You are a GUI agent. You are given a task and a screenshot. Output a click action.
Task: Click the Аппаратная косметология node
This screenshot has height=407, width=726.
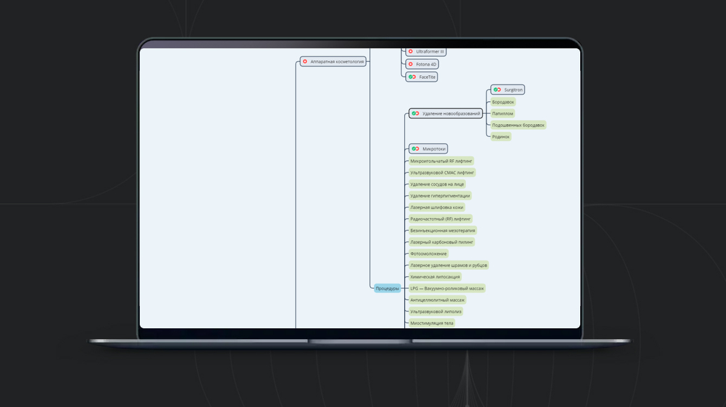pyautogui.click(x=333, y=61)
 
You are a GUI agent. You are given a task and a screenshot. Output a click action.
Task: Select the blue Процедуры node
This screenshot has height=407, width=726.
pyautogui.click(x=387, y=288)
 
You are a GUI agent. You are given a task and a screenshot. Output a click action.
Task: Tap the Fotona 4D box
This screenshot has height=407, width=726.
pyautogui.click(x=426, y=64)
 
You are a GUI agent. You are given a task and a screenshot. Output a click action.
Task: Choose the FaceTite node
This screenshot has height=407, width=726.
pyautogui.click(x=422, y=77)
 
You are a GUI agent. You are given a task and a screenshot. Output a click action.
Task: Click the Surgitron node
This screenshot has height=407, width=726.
pyautogui.click(x=508, y=90)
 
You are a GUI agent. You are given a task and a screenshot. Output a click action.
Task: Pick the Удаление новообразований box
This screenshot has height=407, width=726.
pyautogui.click(x=446, y=113)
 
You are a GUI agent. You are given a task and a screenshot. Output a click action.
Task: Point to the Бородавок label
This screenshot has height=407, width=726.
pyautogui.click(x=503, y=102)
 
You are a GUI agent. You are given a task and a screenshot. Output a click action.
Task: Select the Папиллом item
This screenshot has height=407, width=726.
pyautogui.click(x=503, y=113)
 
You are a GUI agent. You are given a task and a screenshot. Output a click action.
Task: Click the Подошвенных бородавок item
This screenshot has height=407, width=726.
pyautogui.click(x=518, y=125)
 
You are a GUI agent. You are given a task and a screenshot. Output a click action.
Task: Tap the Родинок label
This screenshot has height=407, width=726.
pyautogui.click(x=501, y=136)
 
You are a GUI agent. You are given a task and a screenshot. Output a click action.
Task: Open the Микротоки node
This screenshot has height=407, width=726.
pyautogui.click(x=428, y=148)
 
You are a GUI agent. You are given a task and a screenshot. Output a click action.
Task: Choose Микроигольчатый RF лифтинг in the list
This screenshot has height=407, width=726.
pyautogui.click(x=441, y=160)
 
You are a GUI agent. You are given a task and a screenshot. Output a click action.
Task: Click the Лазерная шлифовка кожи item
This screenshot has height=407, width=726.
pyautogui.click(x=436, y=207)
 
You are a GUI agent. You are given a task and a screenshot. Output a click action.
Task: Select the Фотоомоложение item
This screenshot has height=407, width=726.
pyautogui.click(x=428, y=253)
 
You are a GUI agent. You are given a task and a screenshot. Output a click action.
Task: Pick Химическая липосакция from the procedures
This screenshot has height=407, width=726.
pyautogui.click(x=435, y=276)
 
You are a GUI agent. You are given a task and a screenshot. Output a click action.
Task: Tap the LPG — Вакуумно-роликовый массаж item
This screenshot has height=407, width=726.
pyautogui.click(x=447, y=288)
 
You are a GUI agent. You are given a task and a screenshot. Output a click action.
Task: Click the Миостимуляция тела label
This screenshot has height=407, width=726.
pyautogui.click(x=431, y=323)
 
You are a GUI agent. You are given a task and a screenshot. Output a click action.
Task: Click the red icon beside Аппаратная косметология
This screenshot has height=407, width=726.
pyautogui.click(x=305, y=61)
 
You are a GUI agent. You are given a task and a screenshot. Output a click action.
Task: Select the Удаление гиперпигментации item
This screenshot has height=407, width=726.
pyautogui.click(x=440, y=196)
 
